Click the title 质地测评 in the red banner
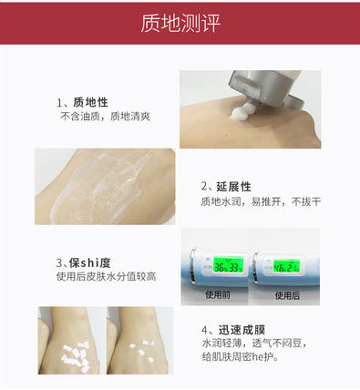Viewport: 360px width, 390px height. coord(180,24)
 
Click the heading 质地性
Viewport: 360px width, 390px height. coord(90,102)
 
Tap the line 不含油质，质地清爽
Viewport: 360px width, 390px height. coord(105,117)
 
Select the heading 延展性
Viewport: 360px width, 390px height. coord(233,187)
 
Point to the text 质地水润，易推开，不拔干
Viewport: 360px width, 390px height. coord(261,201)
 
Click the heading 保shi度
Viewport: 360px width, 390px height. coord(89,262)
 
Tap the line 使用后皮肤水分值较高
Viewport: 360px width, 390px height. coord(106,277)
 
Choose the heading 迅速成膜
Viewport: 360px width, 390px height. coord(242,330)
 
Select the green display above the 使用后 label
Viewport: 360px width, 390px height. coord(286,266)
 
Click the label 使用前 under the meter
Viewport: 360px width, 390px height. coord(218,294)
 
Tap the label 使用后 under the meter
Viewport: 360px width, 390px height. coord(287,295)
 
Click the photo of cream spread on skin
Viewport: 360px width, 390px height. coord(105,187)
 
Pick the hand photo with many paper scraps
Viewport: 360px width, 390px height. coord(69,340)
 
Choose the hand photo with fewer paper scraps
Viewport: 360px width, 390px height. coord(140,340)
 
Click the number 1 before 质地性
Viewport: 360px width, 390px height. coord(59,103)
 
